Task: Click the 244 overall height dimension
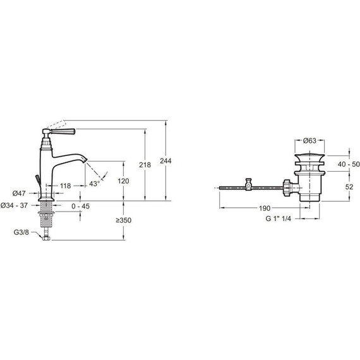point(165,161)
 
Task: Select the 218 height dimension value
point(145,165)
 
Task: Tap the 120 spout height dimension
point(123,181)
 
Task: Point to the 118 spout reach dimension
point(66,186)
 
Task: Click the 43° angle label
point(95,184)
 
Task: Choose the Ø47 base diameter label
point(19,193)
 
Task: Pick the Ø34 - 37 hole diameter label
point(14,205)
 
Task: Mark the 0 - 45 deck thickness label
point(80,206)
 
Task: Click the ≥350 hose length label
point(124,220)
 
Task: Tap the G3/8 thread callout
point(21,232)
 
